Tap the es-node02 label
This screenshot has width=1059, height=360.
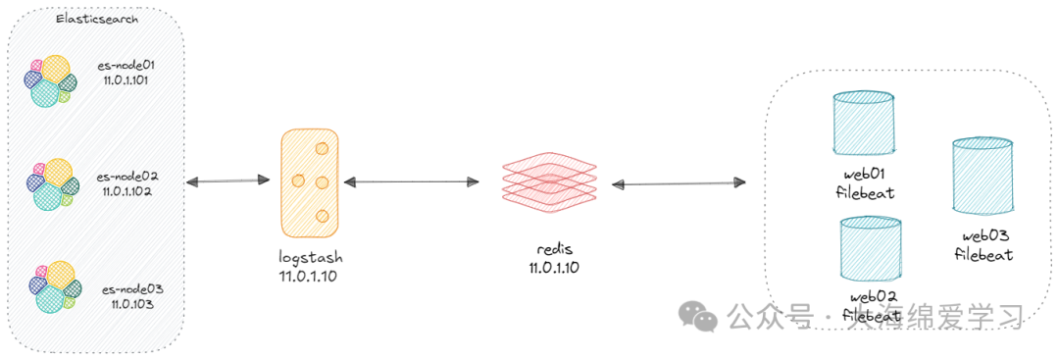coord(128,177)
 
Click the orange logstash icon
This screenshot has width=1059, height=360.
coord(309,182)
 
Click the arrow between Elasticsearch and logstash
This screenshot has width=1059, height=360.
coord(227,180)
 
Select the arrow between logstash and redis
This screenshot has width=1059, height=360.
coord(411,181)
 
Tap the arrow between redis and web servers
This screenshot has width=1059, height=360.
coord(678,183)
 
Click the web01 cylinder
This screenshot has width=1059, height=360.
coord(863,124)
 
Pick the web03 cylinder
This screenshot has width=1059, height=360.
coord(982,175)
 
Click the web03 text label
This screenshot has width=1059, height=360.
coord(984,236)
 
